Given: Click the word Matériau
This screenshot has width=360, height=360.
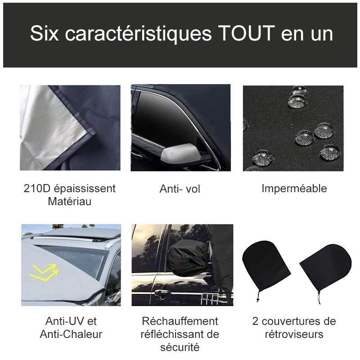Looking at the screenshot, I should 70,201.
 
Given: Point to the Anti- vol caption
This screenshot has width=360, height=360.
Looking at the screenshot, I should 180,189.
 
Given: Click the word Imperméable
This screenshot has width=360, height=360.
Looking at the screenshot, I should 294,189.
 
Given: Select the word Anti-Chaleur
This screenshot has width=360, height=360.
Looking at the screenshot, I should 71,334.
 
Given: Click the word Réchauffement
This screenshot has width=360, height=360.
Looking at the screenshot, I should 180,321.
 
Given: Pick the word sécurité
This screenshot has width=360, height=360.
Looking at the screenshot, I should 180,347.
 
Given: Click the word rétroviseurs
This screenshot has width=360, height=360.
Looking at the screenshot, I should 294,334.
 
